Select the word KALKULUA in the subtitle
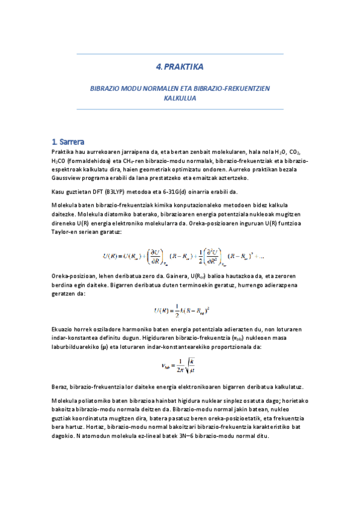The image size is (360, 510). (x=180, y=97)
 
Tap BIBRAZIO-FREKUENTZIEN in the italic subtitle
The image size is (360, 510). (x=232, y=88)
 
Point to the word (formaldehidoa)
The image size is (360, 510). (x=85, y=161)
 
